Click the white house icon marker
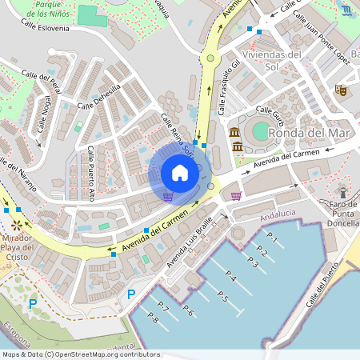click(179, 173)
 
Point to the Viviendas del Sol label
click(273, 60)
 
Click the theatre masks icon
click(340, 91)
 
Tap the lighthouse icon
click(343, 192)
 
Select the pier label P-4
click(230, 278)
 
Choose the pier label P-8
click(153, 321)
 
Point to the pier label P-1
click(271, 238)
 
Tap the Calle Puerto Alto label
click(91, 173)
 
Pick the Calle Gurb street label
click(271, 115)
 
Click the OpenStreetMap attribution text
click(80, 354)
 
